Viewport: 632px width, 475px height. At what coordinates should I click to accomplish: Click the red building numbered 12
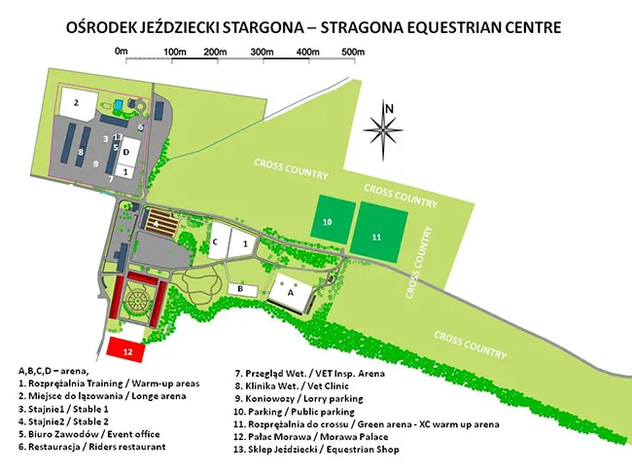126,347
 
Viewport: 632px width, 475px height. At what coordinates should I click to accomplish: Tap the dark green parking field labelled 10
328,223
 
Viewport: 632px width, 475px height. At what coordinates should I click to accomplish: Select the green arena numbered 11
375,237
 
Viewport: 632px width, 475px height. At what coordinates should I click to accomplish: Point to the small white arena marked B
239,289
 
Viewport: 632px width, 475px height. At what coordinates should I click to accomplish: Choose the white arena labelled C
216,240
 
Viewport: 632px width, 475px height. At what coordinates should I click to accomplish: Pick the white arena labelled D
126,152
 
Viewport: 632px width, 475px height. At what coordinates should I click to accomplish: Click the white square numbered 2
75,100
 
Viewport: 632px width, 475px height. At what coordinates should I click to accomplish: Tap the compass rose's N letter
388,107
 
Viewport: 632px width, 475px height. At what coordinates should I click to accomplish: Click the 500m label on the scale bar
354,51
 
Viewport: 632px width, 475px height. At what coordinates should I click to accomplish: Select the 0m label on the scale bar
121,50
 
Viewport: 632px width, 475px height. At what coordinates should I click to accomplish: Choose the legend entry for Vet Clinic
293,386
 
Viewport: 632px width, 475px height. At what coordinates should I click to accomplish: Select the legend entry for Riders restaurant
92,446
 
